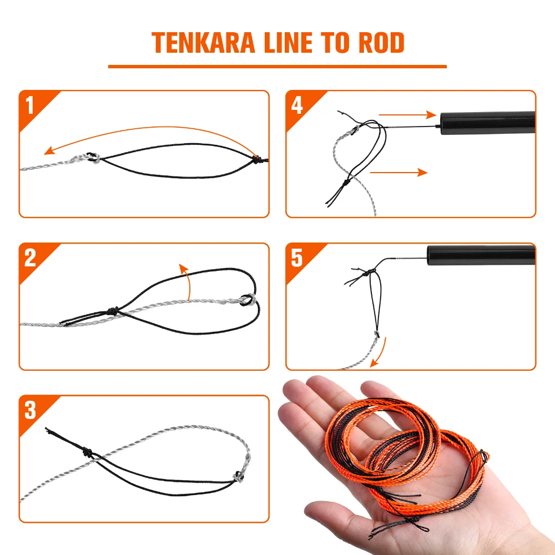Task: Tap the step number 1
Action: coord(31,105)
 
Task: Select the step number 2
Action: coord(31,258)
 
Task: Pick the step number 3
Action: coord(31,411)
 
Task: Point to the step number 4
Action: coord(297,105)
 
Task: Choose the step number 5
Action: coord(297,258)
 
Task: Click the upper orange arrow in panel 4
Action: coord(407,115)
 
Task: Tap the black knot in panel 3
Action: coord(88,451)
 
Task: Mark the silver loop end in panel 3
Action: coord(239,476)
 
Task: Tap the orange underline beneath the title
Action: coord(277,67)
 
